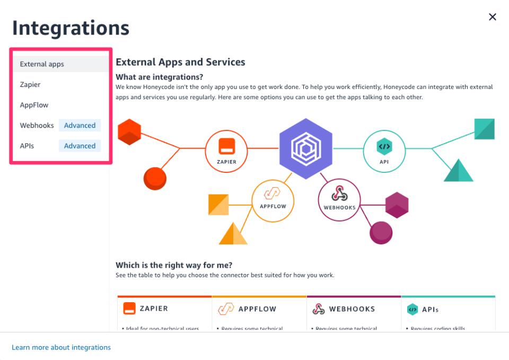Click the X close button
[493, 17]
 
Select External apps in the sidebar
[42, 64]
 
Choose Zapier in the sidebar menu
[30, 84]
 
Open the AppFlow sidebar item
[34, 105]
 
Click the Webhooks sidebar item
[37, 126]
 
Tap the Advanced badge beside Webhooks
[80, 126]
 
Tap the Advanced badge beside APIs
[80, 146]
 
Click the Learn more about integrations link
[62, 347]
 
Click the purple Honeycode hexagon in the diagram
[306, 148]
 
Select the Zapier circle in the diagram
[226, 151]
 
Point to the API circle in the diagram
[384, 151]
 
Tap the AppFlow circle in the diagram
[273, 200]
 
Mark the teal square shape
[485, 129]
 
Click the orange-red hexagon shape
[129, 132]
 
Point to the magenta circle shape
[381, 232]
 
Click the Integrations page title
[71, 28]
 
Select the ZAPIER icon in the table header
[129, 309]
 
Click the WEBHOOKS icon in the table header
[319, 309]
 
